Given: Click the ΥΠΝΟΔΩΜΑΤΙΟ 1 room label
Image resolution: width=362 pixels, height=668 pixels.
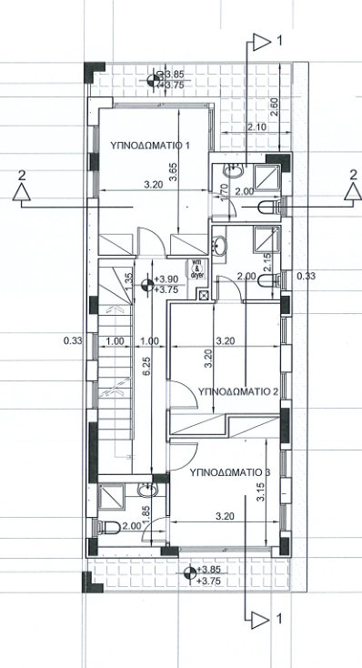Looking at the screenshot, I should tap(150, 145).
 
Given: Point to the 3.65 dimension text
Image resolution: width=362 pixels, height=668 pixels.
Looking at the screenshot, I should tap(173, 171).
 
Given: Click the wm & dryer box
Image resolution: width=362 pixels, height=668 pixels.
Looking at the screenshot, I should tap(196, 268).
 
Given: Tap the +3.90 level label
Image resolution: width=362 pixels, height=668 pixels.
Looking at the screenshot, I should tap(166, 279).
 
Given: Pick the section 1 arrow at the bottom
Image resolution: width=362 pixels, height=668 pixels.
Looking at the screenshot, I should tap(262, 619).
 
